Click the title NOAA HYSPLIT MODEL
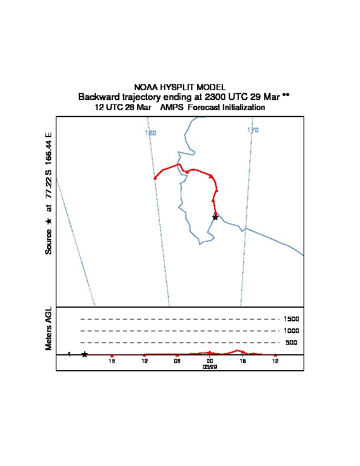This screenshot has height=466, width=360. click(x=180, y=87)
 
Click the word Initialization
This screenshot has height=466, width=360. click(x=242, y=108)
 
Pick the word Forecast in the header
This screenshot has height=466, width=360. click(x=202, y=108)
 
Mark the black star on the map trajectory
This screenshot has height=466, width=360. click(x=215, y=217)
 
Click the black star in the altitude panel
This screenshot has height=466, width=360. click(x=85, y=354)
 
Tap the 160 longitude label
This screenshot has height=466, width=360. click(x=151, y=134)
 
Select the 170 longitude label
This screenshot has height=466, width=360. click(x=253, y=131)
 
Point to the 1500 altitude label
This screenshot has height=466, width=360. click(x=292, y=319)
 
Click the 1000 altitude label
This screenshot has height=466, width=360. click(x=292, y=331)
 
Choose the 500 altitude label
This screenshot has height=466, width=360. click(x=291, y=342)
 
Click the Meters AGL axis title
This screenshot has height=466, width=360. click(x=49, y=328)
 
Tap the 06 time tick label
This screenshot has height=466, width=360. click(x=177, y=361)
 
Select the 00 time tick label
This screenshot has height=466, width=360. click(x=210, y=361)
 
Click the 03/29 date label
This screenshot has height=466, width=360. click(x=210, y=367)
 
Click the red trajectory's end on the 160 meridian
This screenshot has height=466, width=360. click(x=155, y=178)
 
